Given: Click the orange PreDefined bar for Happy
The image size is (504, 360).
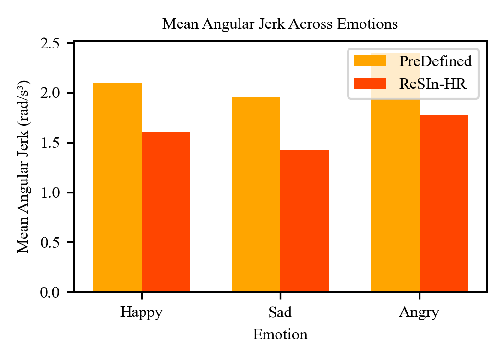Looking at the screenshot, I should pyautogui.click(x=117, y=187).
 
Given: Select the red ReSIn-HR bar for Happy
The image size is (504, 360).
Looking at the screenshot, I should pyautogui.click(x=166, y=212).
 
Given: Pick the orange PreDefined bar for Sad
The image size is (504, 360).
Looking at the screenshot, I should pyautogui.click(x=256, y=194).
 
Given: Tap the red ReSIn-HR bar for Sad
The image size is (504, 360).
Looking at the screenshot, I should pyautogui.click(x=304, y=221).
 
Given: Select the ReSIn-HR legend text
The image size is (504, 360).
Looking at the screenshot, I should pyautogui.click(x=432, y=84).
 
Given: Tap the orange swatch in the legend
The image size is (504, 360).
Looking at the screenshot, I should pyautogui.click(x=370, y=61).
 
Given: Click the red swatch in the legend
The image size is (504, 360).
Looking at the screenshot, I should pyautogui.click(x=370, y=84).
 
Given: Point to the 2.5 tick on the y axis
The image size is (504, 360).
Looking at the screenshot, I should pyautogui.click(x=57, y=43).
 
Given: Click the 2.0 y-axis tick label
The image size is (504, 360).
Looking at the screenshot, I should pyautogui.click(x=57, y=93).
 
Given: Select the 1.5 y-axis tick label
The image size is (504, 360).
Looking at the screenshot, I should pyautogui.click(x=57, y=143).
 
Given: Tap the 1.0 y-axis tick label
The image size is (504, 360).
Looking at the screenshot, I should pyautogui.click(x=57, y=192).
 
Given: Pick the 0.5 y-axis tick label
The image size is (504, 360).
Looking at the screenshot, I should pyautogui.click(x=57, y=242).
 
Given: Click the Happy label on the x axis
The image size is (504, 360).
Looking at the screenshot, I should pyautogui.click(x=141, y=312).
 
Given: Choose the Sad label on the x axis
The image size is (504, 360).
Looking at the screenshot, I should pyautogui.click(x=280, y=312).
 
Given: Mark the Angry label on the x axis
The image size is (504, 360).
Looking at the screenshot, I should pyautogui.click(x=419, y=313).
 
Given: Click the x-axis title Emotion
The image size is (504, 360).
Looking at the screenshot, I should pyautogui.click(x=280, y=335).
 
